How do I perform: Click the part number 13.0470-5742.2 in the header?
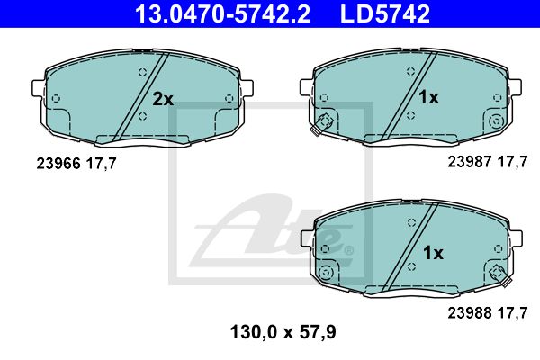coord(223,13)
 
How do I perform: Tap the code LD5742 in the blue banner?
coord(385,13)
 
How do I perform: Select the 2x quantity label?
coord(163,99)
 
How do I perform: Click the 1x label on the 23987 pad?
coord(428,97)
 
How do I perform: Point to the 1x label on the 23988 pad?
coord(433,253)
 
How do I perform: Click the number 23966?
coord(58,163)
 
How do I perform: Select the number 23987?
coord(470,162)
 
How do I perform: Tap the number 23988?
coord(470,313)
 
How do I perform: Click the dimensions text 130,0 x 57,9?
coord(283,333)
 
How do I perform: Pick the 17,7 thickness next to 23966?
coord(102,164)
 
